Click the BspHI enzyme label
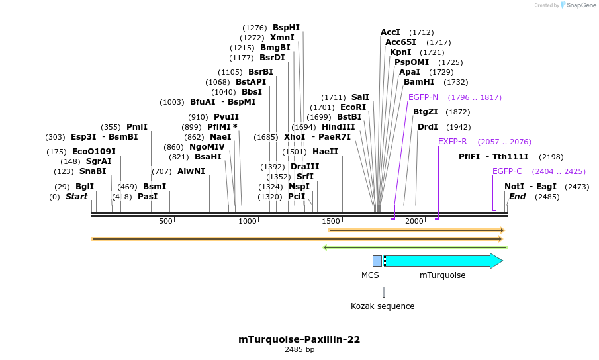pos(286,28)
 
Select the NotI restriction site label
pos(514,187)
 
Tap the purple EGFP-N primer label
pos(423,97)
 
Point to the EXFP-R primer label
pos(452,142)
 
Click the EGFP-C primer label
pos(507,171)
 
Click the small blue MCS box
pos(377,261)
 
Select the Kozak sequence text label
pos(383,306)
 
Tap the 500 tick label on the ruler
pos(165,221)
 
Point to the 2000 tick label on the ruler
pos(414,221)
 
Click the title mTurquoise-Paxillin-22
pos(299,339)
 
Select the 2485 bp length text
pos(299,349)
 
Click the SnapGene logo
pos(578,5)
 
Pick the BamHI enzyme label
pos(419,82)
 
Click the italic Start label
pos(76,197)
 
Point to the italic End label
pos(517,197)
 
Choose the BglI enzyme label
pos(85,187)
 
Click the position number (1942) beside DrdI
pos(458,127)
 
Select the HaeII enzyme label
pos(325,152)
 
